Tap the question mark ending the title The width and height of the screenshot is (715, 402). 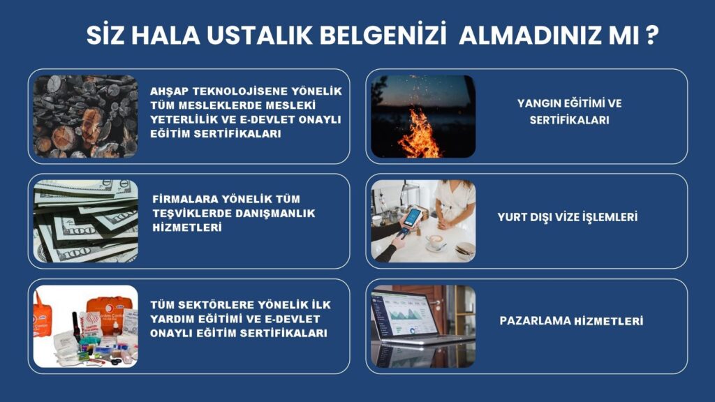tap(653, 36)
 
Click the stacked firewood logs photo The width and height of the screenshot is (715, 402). tap(86, 117)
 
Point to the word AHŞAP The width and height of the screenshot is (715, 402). tap(169, 91)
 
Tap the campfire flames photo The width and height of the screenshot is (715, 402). tap(423, 117)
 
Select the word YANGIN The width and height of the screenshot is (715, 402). tap(538, 103)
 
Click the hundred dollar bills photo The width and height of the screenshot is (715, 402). tap(86, 221)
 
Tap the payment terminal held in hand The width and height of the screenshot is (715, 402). tap(411, 220)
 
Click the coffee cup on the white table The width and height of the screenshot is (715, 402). tap(435, 241)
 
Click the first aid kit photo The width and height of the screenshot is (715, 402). tap(86, 327)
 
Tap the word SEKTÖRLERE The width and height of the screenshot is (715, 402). tap(214, 305)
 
